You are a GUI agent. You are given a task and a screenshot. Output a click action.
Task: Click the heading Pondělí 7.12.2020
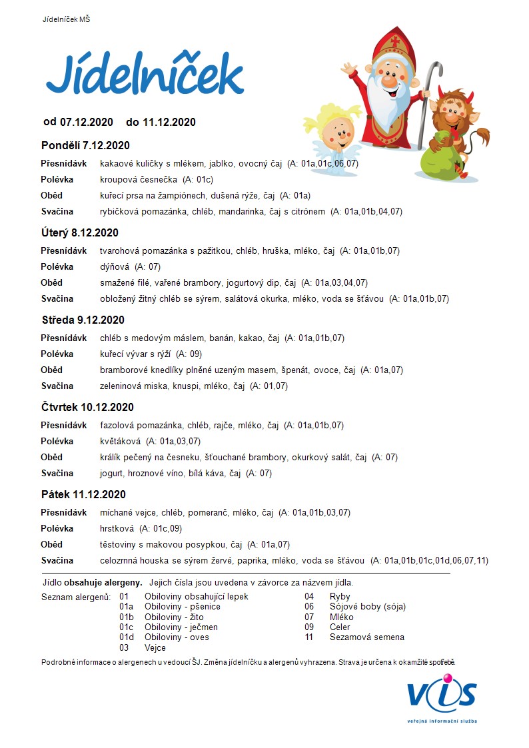[x=85, y=145]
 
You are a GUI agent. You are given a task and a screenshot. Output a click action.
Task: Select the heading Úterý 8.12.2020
[x=79, y=232]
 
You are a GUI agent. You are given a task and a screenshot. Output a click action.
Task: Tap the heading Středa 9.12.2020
[x=83, y=320]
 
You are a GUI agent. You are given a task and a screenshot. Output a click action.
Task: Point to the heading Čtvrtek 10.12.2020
[x=87, y=407]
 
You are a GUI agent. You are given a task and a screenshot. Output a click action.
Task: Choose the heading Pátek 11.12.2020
[x=83, y=494]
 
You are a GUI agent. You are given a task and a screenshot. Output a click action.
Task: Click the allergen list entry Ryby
[x=340, y=597]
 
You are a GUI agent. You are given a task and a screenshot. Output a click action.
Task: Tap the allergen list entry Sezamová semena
[x=366, y=637]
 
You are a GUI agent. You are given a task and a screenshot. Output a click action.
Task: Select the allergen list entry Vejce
[x=155, y=647]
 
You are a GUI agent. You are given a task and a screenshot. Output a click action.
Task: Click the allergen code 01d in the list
[x=127, y=637]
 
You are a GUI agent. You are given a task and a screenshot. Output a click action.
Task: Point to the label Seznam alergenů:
[x=76, y=597]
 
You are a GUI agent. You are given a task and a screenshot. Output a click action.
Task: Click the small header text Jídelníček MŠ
[x=66, y=20]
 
